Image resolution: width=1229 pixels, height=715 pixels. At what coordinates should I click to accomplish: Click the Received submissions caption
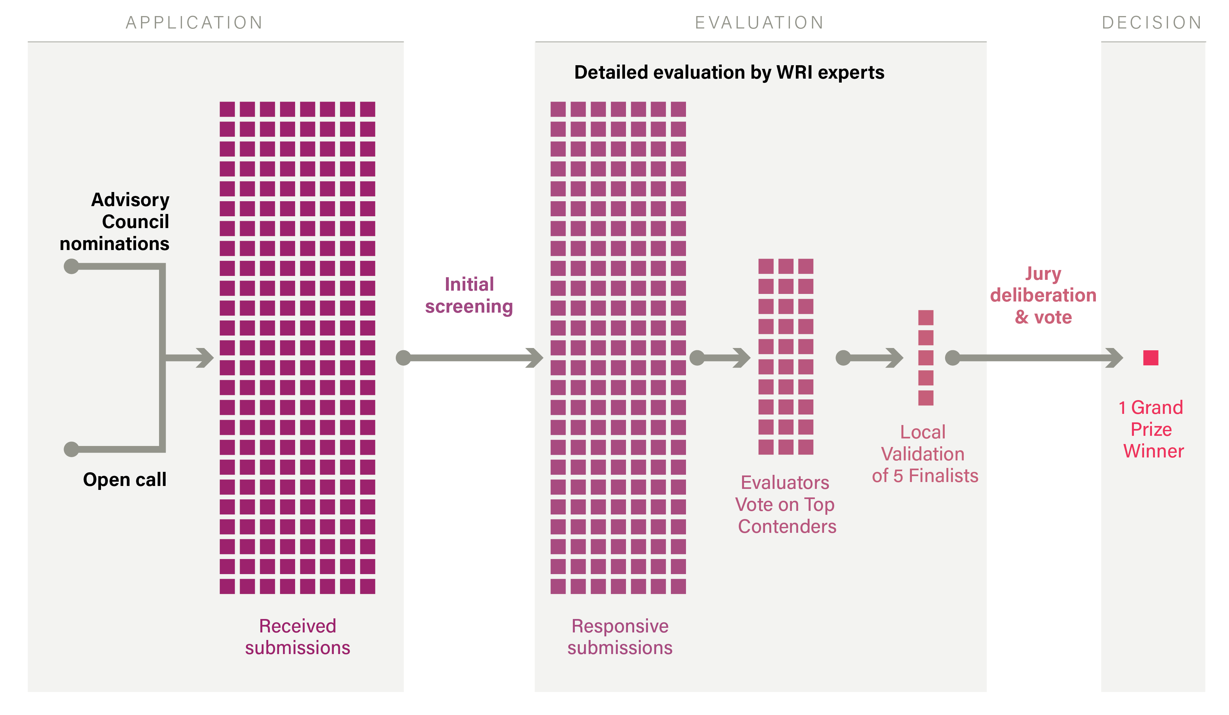(297, 637)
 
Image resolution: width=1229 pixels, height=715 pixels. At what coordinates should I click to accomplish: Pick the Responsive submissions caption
(620, 637)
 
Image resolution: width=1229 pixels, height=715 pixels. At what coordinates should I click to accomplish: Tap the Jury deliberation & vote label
(1043, 295)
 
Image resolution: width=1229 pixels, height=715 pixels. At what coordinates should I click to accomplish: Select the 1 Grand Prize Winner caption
(1152, 429)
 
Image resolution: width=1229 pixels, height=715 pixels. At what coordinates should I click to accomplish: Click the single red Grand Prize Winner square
(1151, 358)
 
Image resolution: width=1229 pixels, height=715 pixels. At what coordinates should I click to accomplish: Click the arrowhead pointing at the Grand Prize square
(1115, 358)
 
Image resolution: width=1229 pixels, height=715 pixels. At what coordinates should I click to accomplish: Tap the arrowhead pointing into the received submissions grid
(206, 358)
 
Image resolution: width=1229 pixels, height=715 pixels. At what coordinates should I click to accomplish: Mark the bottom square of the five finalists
(926, 398)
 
